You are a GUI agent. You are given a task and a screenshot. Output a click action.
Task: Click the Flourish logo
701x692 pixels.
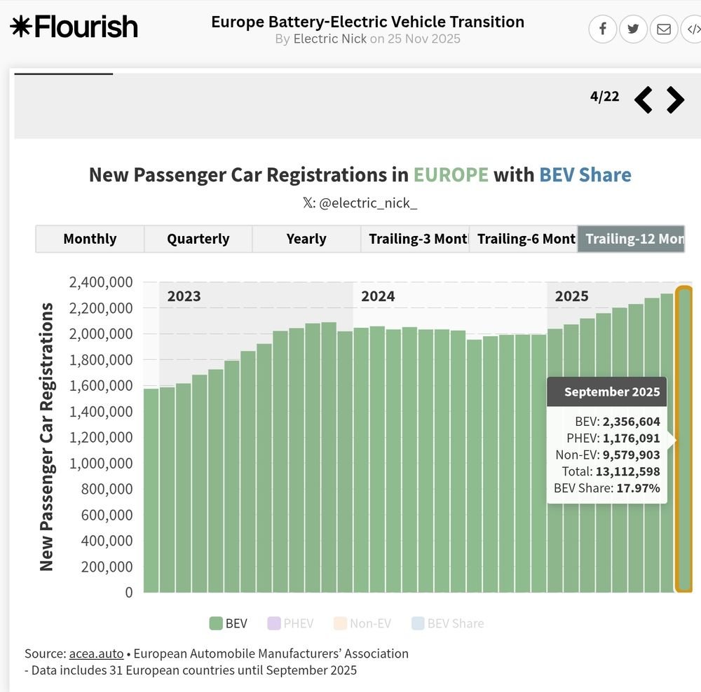pos(74,27)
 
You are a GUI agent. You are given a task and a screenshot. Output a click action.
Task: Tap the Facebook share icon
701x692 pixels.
pos(602,29)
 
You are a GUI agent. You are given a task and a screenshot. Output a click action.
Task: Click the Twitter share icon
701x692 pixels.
pos(633,29)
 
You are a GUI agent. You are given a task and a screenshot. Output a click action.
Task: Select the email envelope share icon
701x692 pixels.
pos(663,29)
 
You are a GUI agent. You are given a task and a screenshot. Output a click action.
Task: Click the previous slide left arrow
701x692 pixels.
pos(643,99)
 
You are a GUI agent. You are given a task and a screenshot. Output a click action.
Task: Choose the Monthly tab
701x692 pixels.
pos(90,239)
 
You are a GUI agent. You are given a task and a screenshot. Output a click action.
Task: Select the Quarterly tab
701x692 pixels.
pos(198,239)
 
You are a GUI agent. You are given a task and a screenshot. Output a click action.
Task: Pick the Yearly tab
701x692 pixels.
pos(306,239)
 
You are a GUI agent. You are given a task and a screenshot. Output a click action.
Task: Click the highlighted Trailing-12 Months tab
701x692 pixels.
pos(631,239)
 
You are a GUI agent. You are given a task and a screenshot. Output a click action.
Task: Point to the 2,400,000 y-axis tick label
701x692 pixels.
pos(101,282)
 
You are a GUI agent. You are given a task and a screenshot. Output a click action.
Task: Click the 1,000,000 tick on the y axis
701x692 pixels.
pos(101,463)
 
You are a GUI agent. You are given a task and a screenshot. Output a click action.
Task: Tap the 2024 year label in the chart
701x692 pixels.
pos(378,296)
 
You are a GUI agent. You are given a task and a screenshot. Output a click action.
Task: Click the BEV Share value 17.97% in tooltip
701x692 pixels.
pos(638,488)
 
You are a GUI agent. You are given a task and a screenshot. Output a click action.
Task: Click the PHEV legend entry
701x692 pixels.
pos(290,623)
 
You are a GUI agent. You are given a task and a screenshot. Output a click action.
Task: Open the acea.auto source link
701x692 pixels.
pos(96,653)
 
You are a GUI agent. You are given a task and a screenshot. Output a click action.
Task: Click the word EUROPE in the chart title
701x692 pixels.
pos(450,174)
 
